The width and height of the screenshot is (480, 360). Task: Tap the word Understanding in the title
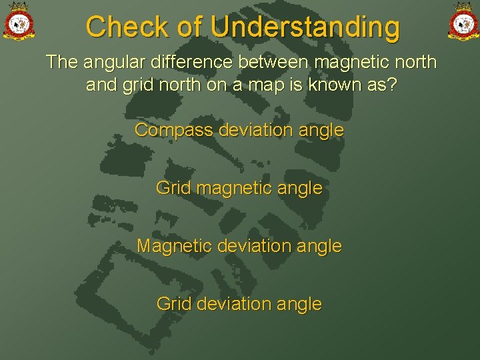(305, 27)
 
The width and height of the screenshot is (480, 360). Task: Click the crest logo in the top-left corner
(18, 21)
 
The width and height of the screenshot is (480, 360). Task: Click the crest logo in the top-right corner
(462, 21)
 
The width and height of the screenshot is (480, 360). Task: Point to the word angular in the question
(113, 63)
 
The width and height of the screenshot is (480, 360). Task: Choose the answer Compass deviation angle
(239, 130)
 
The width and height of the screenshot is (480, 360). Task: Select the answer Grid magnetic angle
(239, 189)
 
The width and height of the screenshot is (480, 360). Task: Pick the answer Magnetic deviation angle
(239, 246)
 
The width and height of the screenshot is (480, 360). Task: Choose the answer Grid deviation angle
(239, 304)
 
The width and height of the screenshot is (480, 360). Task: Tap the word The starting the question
(62, 63)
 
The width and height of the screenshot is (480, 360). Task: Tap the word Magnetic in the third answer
(174, 246)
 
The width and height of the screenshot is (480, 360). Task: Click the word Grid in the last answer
(171, 304)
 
